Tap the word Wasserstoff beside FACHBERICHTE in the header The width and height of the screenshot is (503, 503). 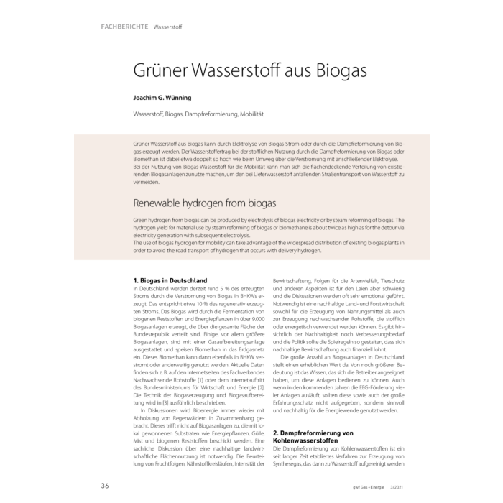[167, 27]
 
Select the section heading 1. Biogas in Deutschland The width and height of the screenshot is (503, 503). [170, 280]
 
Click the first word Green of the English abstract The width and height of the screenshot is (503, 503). [142, 221]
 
